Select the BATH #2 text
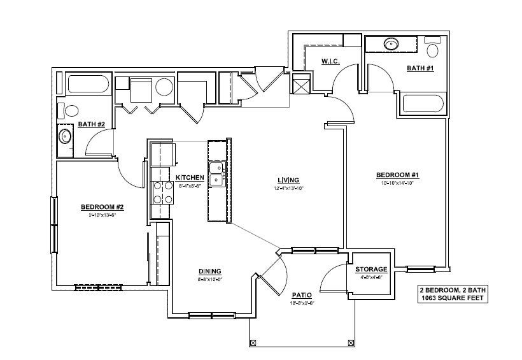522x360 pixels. click(91, 124)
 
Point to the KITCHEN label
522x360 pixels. click(190, 177)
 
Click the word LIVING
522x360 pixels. click(288, 180)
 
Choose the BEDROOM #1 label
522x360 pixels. click(397, 175)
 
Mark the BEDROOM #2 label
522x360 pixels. click(101, 207)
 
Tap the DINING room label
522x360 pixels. click(210, 271)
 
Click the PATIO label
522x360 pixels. click(302, 295)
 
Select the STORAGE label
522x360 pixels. click(371, 270)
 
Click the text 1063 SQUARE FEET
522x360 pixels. click(452, 298)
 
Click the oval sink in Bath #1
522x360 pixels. click(391, 45)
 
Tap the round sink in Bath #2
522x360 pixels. click(64, 136)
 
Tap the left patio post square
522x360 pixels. click(253, 343)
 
